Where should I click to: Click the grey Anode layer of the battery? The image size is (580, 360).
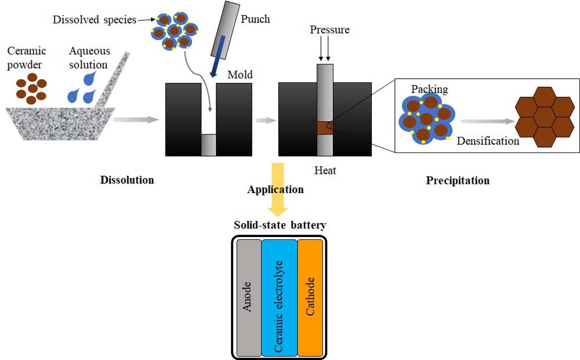click(249, 297)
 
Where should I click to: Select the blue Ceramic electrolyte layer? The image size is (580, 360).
click(279, 297)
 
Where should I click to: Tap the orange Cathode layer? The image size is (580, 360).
click(310, 297)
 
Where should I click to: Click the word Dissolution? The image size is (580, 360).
click(126, 180)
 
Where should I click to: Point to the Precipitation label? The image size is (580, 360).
click(458, 180)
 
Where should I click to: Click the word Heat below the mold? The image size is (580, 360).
click(325, 171)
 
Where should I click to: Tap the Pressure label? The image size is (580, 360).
click(329, 30)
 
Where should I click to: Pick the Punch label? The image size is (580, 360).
click(255, 19)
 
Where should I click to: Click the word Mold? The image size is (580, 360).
click(240, 74)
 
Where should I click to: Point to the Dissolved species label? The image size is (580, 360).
click(94, 20)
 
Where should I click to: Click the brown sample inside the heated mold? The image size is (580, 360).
click(325, 128)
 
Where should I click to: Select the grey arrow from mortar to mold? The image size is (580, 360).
click(136, 119)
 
